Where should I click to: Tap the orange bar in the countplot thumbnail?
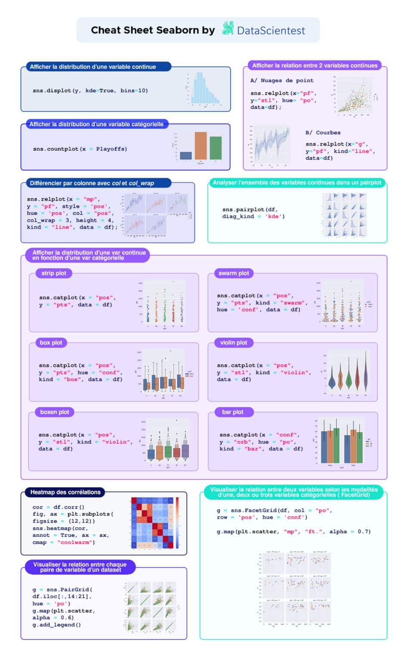pyautogui.click(x=201, y=146)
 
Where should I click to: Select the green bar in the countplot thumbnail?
pyautogui.click(x=216, y=148)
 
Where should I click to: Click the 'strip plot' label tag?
pyautogui.click(x=54, y=273)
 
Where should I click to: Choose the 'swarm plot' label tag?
pyautogui.click(x=233, y=273)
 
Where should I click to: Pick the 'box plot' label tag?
pyautogui.click(x=51, y=343)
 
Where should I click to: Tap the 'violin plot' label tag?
pyautogui.click(x=233, y=343)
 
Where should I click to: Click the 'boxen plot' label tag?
pyautogui.click(x=54, y=412)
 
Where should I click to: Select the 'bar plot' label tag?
pyautogui.click(x=232, y=412)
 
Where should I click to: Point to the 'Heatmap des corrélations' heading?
pyautogui.click(x=65, y=492)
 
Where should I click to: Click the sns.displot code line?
pyautogui.click(x=90, y=91)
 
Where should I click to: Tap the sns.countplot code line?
pyautogui.click(x=80, y=149)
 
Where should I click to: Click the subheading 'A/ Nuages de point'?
pyautogui.click(x=282, y=80)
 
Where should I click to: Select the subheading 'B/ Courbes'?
pyautogui.click(x=323, y=133)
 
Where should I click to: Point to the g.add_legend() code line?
pyautogui.click(x=56, y=625)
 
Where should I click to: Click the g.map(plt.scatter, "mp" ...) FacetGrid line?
pyautogui.click(x=293, y=531)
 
